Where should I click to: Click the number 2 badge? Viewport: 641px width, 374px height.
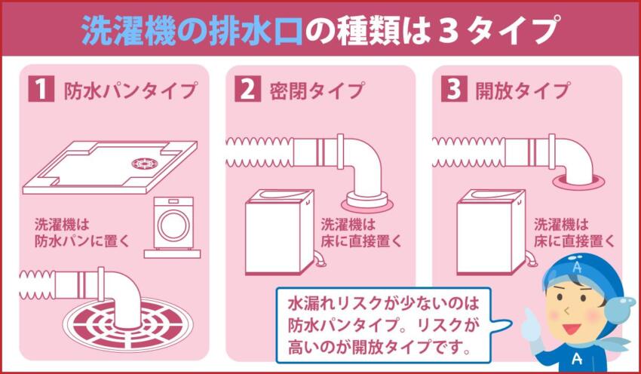coord(247,91)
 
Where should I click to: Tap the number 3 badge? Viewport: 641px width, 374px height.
coord(452,91)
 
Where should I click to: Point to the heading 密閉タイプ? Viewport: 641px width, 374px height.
coord(316,92)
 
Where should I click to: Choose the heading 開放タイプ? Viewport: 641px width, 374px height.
coord(521,92)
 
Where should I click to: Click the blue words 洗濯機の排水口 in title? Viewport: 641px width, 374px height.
coord(192,30)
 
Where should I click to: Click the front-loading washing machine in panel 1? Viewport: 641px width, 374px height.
coord(173,225)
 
